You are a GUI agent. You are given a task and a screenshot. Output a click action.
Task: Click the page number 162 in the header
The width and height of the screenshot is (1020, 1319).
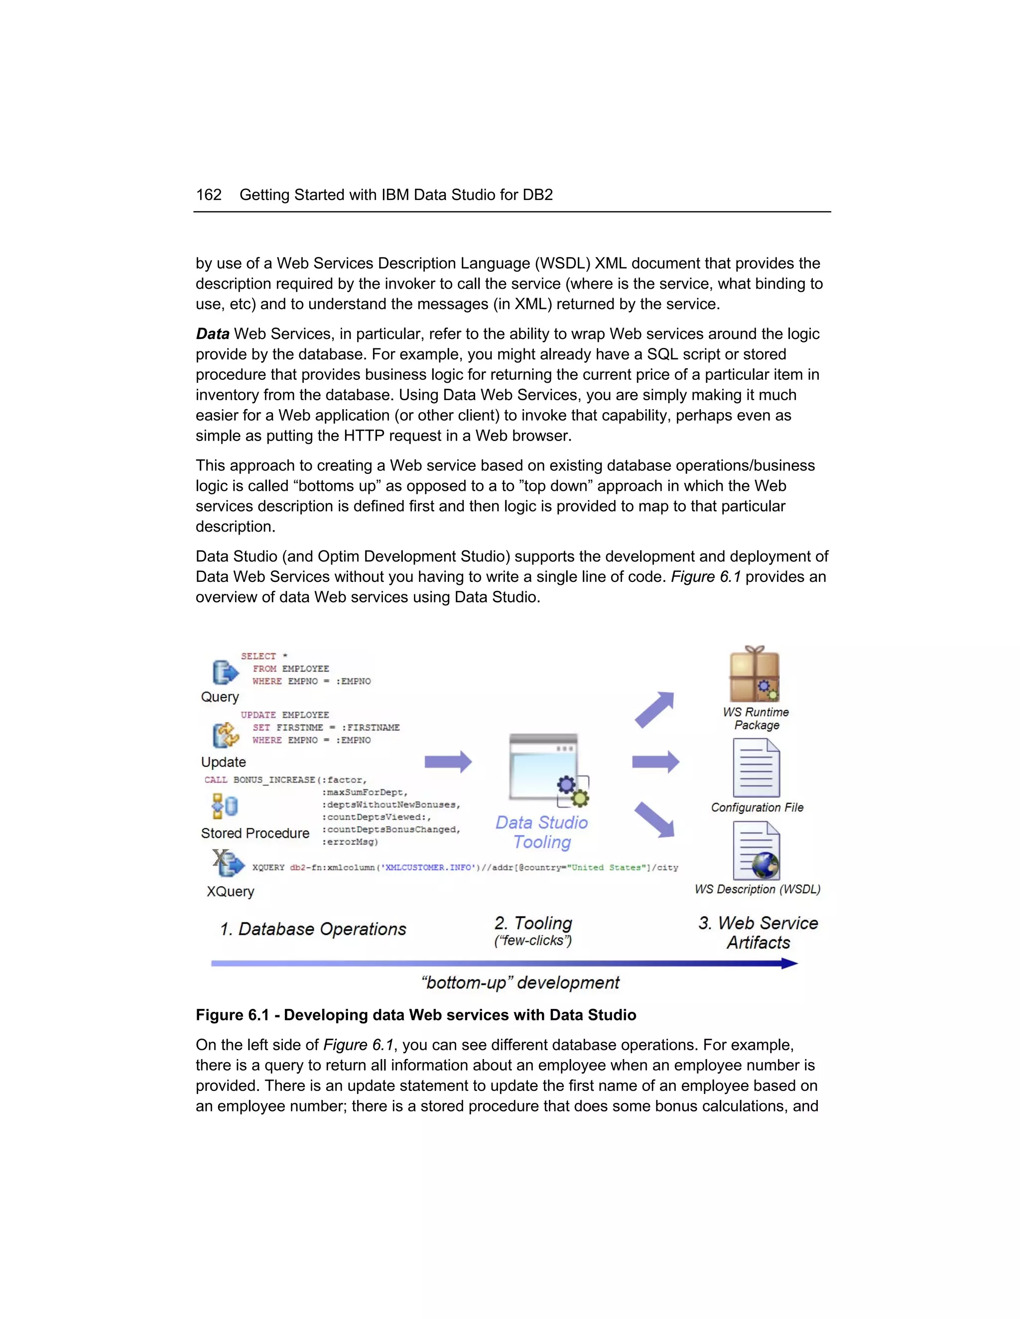[x=209, y=195]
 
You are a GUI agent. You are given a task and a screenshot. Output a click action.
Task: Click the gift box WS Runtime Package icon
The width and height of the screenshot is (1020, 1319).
[x=754, y=674]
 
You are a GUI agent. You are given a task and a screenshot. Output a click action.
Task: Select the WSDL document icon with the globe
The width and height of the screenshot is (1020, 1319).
[x=757, y=851]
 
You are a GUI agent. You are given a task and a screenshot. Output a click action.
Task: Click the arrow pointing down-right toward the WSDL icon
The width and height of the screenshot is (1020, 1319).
[x=654, y=820]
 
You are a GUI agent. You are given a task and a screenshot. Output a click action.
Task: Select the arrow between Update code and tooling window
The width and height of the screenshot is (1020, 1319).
[x=448, y=762]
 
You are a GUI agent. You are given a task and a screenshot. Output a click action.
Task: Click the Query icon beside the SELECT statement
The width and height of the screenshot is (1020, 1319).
[x=225, y=672]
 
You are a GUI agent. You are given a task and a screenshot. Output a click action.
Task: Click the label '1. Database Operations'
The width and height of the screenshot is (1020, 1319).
[x=313, y=929]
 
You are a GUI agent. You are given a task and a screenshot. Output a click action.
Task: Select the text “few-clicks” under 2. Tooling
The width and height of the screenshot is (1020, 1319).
[x=533, y=940]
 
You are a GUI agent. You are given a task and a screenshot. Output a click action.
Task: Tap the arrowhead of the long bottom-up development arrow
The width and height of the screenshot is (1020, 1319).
[x=789, y=963]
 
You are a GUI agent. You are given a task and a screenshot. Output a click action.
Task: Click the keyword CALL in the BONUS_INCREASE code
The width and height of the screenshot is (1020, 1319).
[x=216, y=779]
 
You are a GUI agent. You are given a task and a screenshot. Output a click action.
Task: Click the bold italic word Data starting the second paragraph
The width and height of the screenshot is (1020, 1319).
[x=213, y=334]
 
